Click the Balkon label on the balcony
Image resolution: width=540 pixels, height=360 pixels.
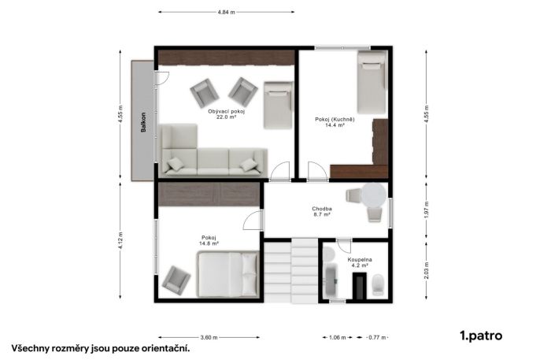tap(143, 122)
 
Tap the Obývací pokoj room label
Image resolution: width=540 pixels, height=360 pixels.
tap(226, 112)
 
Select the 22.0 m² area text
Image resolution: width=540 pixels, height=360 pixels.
tap(226, 117)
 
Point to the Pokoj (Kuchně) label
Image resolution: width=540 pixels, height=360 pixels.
tap(335, 120)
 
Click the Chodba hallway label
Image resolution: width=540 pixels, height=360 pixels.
tap(322, 209)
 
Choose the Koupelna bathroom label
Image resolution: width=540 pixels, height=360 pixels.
tap(360, 260)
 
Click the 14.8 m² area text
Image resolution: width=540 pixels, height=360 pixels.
tap(209, 243)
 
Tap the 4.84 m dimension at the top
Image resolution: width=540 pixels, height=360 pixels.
tap(226, 12)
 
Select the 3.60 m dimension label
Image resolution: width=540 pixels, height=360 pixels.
tap(209, 338)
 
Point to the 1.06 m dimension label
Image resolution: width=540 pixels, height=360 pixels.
tap(338, 338)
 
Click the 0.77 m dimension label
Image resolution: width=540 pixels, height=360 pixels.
tap(377, 338)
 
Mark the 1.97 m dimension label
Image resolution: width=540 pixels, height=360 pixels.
tap(427, 210)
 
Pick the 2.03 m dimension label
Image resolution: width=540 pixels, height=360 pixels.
tap(427, 271)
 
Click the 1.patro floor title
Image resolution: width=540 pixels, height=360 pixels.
tap(481, 336)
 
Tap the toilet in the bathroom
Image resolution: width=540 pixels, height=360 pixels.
tap(379, 284)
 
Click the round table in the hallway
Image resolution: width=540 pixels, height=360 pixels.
tap(374, 195)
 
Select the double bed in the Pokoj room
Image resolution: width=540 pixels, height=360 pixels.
tap(228, 274)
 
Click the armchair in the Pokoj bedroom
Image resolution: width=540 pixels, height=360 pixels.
tap(176, 280)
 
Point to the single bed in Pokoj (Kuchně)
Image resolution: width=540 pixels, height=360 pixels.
tap(372, 83)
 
